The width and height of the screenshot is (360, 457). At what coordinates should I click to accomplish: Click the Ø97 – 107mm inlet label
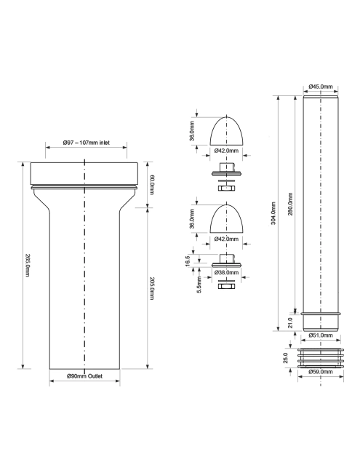point(87,143)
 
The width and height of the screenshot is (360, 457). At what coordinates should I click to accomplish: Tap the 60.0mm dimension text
point(152,185)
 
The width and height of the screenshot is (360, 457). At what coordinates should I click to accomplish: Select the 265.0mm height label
point(27,265)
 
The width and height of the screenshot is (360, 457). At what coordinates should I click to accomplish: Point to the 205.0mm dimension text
point(152,288)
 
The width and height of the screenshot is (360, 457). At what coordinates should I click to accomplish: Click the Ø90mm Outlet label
point(84,376)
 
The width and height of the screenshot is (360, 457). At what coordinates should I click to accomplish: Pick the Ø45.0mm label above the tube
point(321,87)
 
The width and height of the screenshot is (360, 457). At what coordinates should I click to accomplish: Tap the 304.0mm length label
point(273,213)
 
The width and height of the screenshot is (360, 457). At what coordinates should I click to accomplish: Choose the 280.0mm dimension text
point(290,204)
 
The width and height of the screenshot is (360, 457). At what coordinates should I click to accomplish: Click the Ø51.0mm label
point(321,335)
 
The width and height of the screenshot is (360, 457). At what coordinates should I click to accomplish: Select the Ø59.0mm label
point(321,372)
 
